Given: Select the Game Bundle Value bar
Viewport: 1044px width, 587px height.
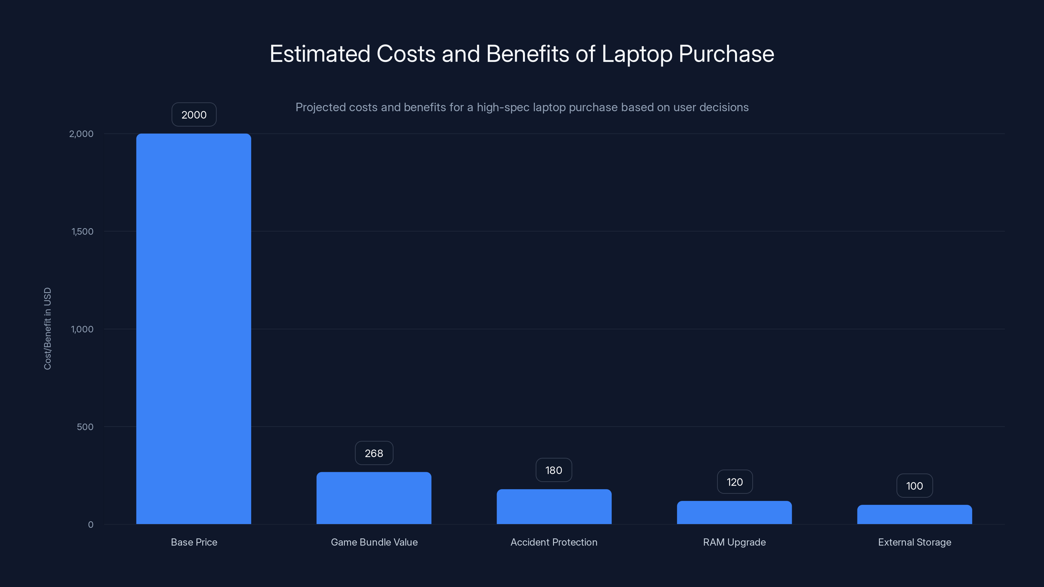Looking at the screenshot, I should coord(374,498).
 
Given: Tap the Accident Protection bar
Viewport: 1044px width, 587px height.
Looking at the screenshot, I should coord(554,506).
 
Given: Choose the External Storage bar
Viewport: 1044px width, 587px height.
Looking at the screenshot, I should coord(914,515).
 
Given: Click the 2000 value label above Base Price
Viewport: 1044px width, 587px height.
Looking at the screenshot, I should coord(194,115).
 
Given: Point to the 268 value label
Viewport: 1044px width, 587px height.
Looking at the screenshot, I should coord(374,453).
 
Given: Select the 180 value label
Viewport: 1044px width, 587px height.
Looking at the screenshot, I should coord(554,470).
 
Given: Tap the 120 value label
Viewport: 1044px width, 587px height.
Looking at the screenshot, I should coord(734,482).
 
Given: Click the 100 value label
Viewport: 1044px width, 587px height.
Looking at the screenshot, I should coord(914,486).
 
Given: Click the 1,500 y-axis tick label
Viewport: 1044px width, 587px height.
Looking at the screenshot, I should coord(82,231).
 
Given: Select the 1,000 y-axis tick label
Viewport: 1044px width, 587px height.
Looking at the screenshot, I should coord(82,329).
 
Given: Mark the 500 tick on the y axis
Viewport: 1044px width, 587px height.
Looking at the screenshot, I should coord(85,427).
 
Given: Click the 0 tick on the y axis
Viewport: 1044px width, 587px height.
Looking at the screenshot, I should coord(91,525).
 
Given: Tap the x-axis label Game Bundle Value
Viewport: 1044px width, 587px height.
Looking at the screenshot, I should coord(374,542).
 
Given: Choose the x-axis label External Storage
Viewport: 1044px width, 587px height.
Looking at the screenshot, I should coord(914,542).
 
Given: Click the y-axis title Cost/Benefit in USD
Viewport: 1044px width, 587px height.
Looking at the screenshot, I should coord(47,328).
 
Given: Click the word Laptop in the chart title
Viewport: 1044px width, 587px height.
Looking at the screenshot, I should coord(637,54).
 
